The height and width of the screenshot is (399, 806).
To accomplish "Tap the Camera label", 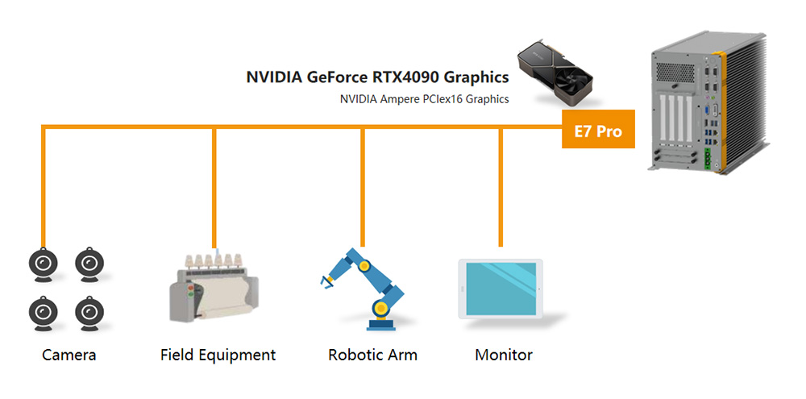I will tap(69, 355).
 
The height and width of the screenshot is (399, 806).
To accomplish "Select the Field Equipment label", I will tap(218, 355).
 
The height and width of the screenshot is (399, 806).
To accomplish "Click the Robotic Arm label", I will tap(372, 355).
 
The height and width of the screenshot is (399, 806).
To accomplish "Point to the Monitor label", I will tap(504, 355).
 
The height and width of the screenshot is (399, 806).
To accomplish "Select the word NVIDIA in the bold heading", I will tap(275, 77).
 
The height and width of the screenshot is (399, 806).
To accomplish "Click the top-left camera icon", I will tap(44, 263).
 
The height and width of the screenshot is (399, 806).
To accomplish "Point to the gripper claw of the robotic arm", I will tap(326, 281).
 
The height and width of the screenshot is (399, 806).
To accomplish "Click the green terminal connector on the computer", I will tap(710, 161).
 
